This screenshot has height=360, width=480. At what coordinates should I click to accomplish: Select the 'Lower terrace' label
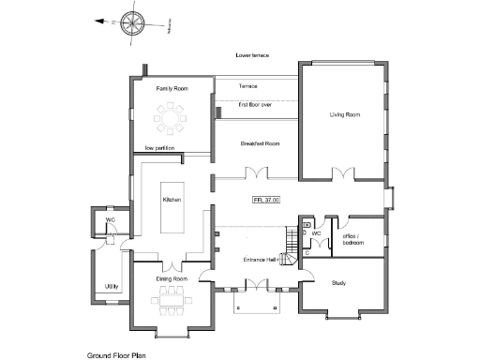(252, 56)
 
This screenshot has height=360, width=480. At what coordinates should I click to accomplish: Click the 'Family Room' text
(172, 88)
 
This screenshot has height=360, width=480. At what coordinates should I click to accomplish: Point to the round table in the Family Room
(172, 118)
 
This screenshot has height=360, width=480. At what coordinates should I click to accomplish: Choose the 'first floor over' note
(254, 105)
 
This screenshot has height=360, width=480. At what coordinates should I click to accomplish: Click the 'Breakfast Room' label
(260, 143)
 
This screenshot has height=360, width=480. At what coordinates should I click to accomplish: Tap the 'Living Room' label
(344, 115)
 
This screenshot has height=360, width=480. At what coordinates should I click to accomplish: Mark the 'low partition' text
(161, 148)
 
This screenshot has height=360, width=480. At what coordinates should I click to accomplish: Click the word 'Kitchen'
(171, 200)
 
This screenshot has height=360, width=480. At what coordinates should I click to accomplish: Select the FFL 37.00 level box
(266, 200)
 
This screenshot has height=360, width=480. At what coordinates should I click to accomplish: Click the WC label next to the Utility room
(110, 219)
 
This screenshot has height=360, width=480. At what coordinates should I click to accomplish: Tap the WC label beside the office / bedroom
(316, 232)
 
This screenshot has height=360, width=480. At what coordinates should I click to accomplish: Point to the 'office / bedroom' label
(355, 239)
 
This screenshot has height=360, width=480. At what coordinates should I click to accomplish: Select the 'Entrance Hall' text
(259, 259)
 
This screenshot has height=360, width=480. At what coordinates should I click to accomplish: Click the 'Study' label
(339, 282)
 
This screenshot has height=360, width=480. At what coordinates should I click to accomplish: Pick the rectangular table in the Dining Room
(171, 301)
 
